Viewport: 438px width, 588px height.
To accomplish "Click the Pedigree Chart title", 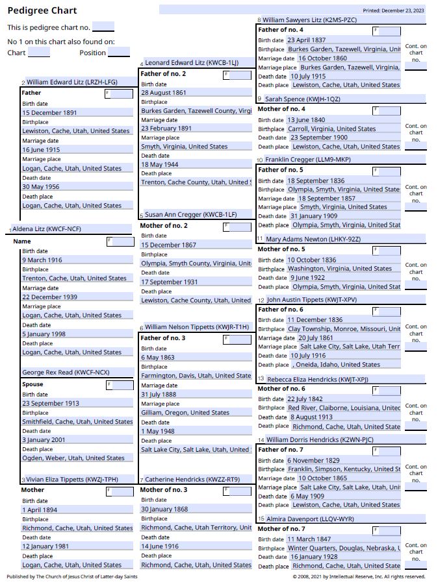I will tap(42, 10).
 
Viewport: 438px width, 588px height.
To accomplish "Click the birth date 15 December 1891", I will tap(50, 113).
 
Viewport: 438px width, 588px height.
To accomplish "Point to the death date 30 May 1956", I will tap(41, 187).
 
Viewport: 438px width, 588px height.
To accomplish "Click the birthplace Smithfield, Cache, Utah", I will tap(77, 422).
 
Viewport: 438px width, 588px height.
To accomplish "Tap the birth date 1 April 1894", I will tap(40, 510).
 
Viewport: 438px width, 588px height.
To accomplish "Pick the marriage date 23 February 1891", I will tap(166, 129).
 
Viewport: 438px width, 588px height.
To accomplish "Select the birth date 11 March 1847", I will tap(309, 539).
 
